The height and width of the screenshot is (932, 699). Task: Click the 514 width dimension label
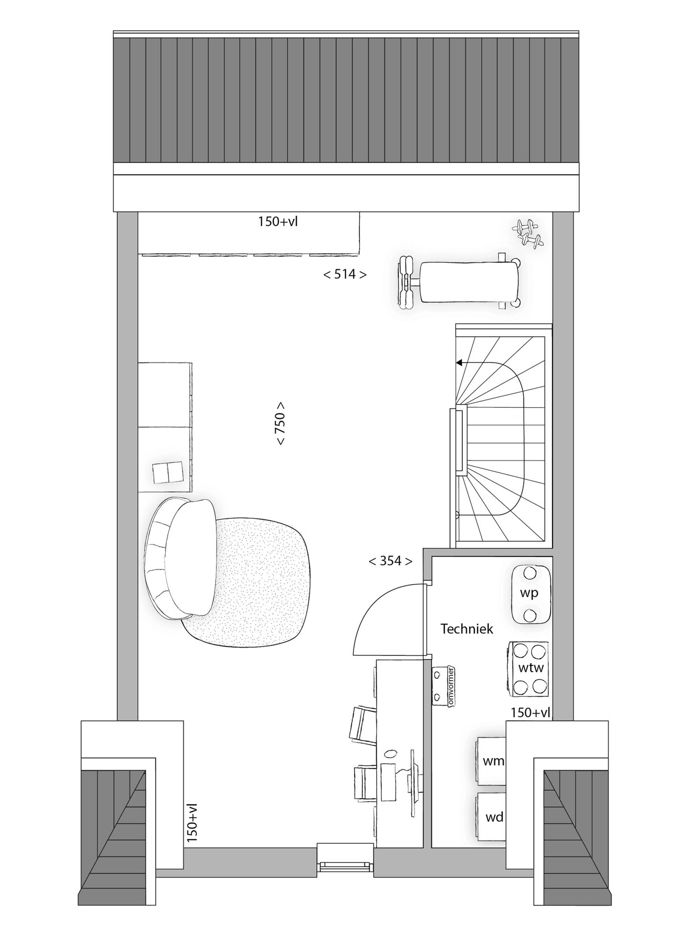pyautogui.click(x=345, y=275)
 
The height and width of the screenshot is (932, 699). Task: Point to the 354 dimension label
pyautogui.click(x=390, y=561)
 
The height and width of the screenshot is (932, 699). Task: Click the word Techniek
pyautogui.click(x=467, y=629)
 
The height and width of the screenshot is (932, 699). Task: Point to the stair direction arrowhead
pyautogui.click(x=459, y=362)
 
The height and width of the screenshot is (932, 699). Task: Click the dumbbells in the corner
pyautogui.click(x=528, y=233)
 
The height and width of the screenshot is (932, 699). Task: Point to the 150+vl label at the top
pyautogui.click(x=278, y=222)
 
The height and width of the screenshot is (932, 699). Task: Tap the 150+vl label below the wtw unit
pyautogui.click(x=531, y=713)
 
